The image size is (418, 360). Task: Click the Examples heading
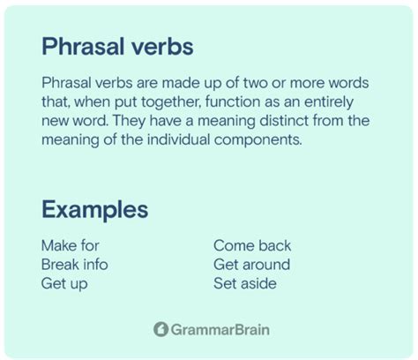(94, 210)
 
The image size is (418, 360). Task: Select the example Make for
(71, 246)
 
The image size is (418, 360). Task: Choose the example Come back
(252, 246)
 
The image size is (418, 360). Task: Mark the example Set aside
(245, 283)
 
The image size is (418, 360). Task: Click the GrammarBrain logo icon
(160, 330)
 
